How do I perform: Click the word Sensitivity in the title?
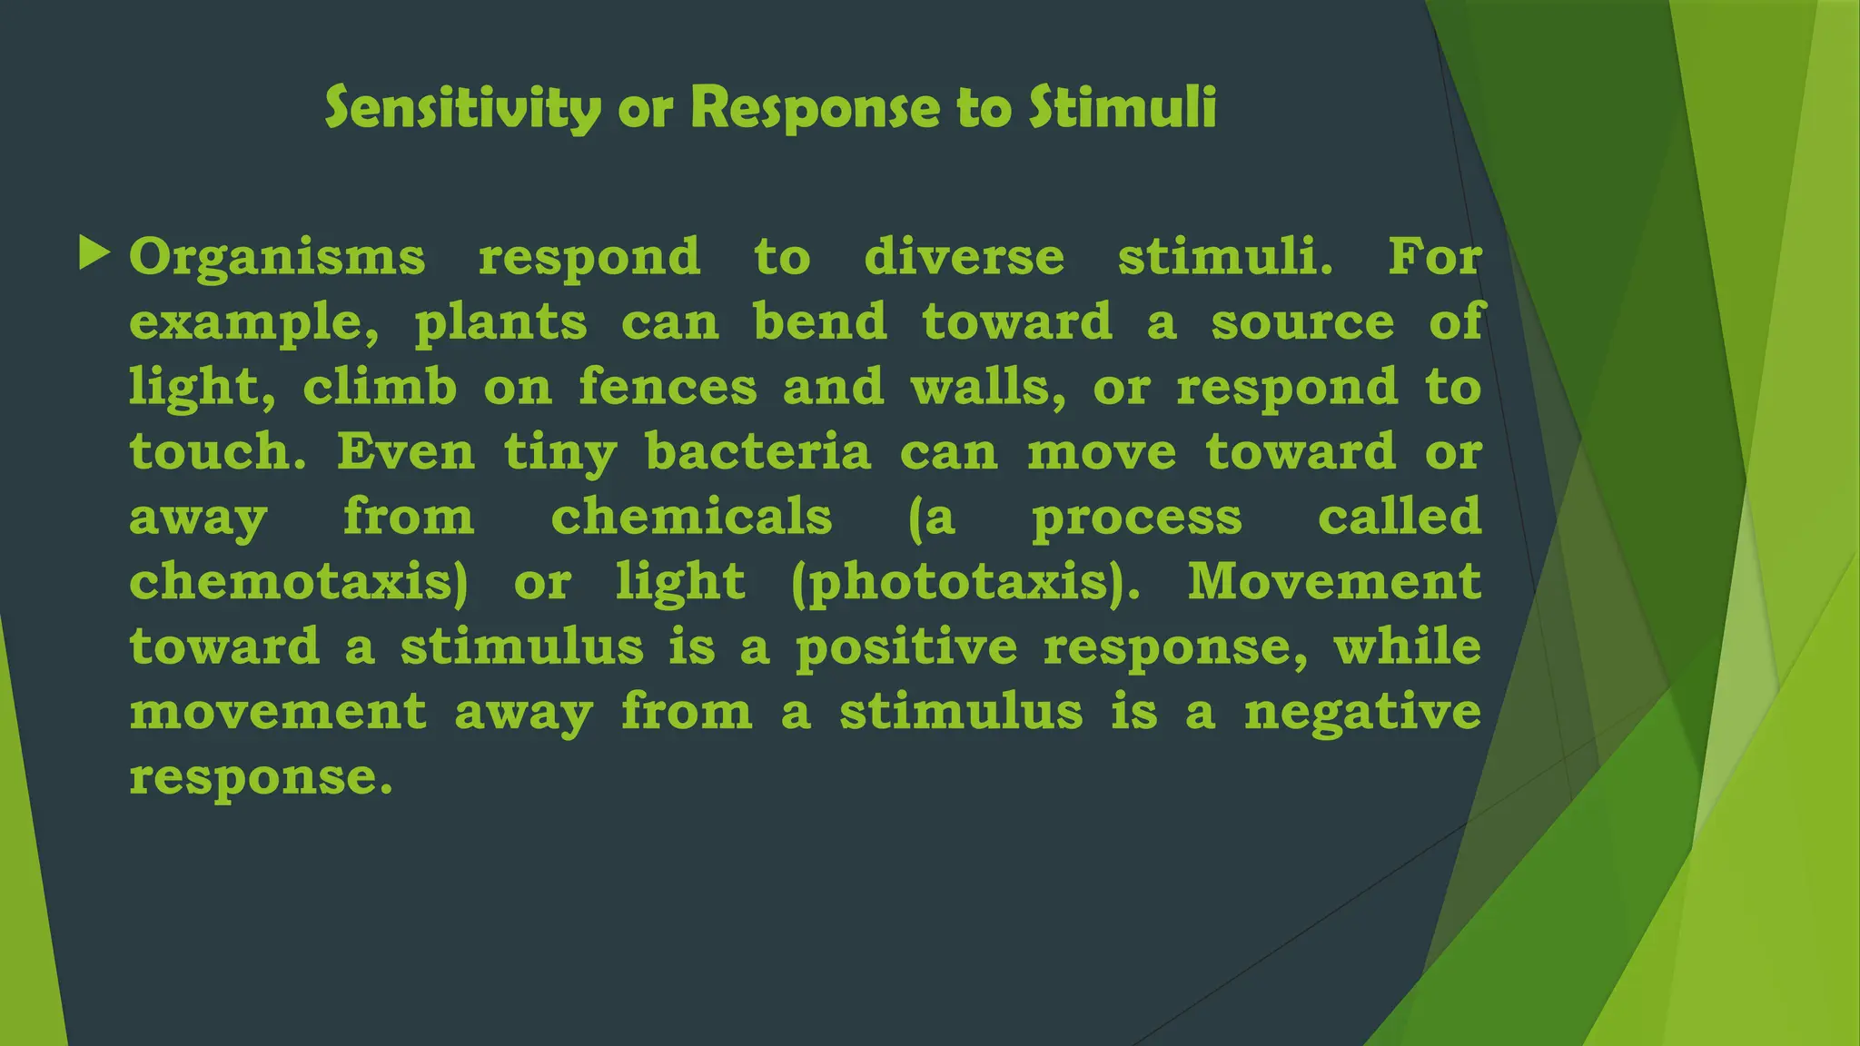coord(462,108)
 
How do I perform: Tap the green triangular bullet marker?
coord(94,253)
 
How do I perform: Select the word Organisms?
coord(277,257)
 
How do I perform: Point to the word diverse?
coord(964,257)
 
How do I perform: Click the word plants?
coord(500,323)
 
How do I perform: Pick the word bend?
coord(820,321)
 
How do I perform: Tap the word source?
coord(1302,323)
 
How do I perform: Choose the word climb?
coord(380,387)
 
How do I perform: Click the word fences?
coord(668,387)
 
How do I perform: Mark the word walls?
coord(988,387)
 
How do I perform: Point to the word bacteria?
coord(758,451)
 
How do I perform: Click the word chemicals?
coord(691,517)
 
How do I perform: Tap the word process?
coord(1136,518)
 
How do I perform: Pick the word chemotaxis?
coord(299,582)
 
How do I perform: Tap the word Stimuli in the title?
coord(1123,108)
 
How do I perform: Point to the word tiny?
coord(560,453)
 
